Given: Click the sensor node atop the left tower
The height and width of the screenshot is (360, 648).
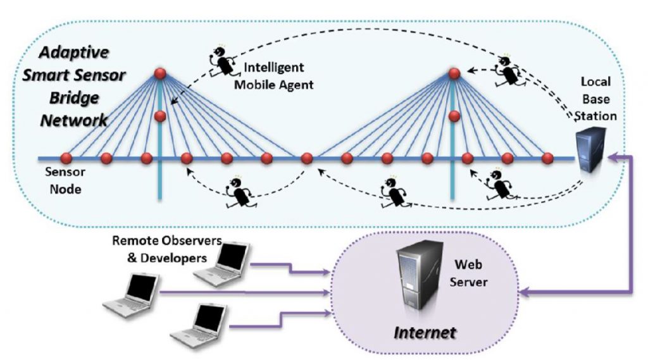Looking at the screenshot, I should (160, 73).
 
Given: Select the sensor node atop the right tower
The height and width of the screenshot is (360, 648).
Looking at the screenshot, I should (454, 73).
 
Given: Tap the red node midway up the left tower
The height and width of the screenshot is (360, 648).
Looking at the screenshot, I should (160, 116).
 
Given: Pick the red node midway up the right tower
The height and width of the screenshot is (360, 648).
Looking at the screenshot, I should (454, 116).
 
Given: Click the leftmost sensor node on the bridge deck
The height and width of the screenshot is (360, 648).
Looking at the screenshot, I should (66, 158).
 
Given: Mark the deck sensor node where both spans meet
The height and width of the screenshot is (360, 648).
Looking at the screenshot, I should (307, 158).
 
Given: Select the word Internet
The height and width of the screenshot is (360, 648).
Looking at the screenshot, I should (425, 332).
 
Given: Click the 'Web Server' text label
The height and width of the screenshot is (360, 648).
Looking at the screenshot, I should (468, 272).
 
